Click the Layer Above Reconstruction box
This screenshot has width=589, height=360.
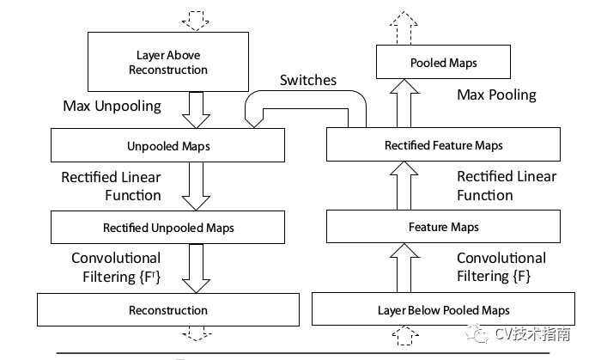click(168, 62)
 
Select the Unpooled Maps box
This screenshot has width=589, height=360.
click(167, 145)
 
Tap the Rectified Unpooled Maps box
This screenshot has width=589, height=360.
click(167, 227)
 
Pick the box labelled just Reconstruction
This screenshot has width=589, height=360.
click(168, 309)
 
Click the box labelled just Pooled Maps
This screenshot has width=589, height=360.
click(443, 62)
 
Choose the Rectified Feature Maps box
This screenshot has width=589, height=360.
click(443, 144)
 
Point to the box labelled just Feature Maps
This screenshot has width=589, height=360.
click(443, 226)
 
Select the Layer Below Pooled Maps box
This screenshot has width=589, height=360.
click(443, 309)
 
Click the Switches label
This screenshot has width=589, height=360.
click(308, 80)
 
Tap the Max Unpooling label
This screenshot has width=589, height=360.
click(112, 106)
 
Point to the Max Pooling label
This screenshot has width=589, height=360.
click(496, 95)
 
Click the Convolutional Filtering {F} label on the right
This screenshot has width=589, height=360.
click(501, 267)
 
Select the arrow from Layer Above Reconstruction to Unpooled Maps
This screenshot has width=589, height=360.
click(196, 110)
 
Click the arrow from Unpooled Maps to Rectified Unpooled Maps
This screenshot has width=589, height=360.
click(196, 186)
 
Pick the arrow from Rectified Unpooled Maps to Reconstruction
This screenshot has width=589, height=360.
click(196, 269)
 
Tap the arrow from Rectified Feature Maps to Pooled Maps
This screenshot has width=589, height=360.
click(404, 103)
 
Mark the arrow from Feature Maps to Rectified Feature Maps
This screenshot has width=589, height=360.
click(404, 186)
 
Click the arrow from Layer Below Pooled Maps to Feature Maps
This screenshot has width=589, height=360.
click(404, 267)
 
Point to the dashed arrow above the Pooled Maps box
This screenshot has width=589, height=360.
click(404, 27)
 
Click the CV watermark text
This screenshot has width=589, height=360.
click(532, 333)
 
